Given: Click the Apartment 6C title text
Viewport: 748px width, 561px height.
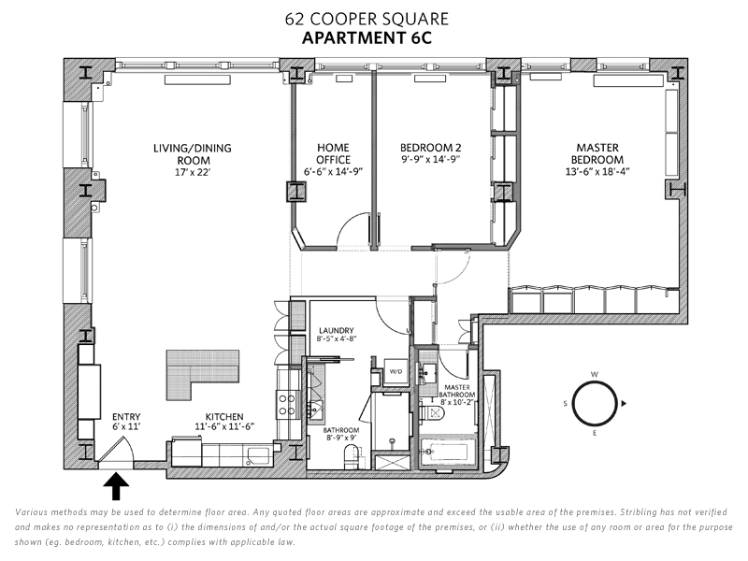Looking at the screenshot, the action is (374, 38).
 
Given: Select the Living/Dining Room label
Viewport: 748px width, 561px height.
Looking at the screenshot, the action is (193, 153).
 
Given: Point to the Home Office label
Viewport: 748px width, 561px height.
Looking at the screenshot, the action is (333, 153).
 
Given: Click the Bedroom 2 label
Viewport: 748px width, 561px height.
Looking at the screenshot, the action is (431, 148).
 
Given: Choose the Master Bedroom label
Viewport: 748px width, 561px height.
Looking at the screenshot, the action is (598, 153).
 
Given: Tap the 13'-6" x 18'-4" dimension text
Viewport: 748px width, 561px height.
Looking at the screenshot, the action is (598, 172).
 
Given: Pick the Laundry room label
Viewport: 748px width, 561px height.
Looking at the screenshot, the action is (335, 331).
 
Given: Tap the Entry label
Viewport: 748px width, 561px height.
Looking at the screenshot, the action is (125, 417).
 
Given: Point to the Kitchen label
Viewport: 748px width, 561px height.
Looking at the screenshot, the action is (225, 417).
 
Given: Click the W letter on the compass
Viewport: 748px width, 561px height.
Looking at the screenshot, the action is (594, 375).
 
